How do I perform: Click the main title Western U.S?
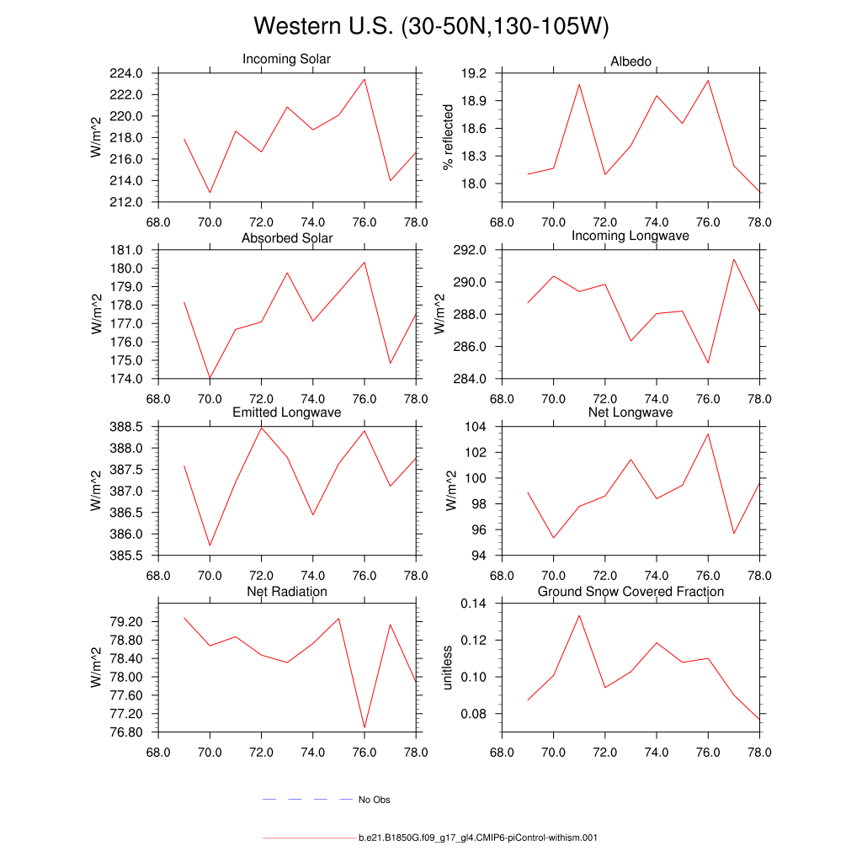(430, 27)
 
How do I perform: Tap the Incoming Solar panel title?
(286, 60)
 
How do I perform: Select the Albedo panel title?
(631, 63)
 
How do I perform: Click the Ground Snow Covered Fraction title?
(631, 592)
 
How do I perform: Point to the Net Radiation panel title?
(286, 592)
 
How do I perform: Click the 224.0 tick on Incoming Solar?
(125, 73)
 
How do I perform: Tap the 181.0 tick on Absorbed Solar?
(125, 250)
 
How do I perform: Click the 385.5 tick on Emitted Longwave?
(125, 556)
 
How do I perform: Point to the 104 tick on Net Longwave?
(476, 427)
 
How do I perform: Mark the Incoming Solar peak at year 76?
(364, 79)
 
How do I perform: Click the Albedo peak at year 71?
(579, 84)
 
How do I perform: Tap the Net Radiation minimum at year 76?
(364, 727)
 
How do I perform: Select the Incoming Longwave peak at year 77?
(734, 258)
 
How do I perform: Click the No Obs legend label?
(374, 800)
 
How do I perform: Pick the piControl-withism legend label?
(477, 838)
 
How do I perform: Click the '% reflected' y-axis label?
(449, 137)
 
